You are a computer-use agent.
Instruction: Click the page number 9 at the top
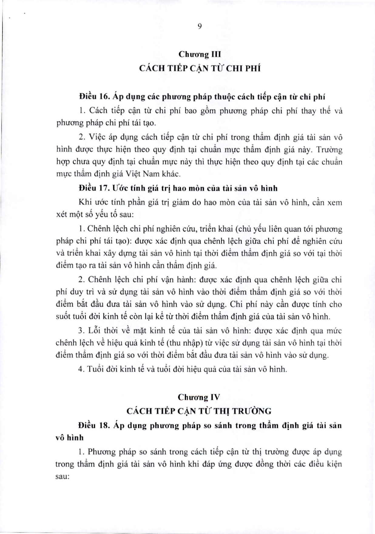pyautogui.click(x=199, y=26)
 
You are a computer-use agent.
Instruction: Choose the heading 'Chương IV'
pyautogui.click(x=199, y=397)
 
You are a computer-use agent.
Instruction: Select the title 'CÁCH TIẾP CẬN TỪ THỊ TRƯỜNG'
pyautogui.click(x=199, y=411)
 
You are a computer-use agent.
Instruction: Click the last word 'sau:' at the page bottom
pyautogui.click(x=63, y=476)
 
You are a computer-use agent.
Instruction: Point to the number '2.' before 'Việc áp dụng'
pyautogui.click(x=82, y=137)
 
